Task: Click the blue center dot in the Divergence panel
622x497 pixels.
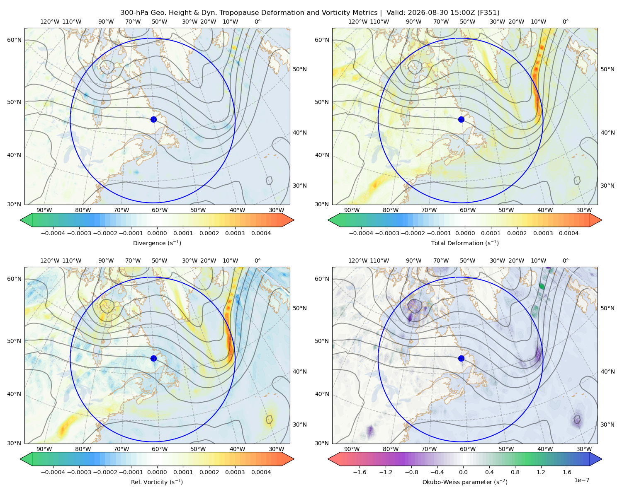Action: point(153,120)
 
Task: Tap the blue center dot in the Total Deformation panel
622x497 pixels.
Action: point(461,120)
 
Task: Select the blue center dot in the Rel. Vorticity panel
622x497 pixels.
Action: point(153,358)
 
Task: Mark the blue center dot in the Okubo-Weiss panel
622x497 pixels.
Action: point(461,358)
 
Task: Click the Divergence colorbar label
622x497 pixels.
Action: point(157,243)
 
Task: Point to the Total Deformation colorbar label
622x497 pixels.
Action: point(465,243)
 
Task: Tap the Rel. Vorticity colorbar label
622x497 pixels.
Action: point(157,482)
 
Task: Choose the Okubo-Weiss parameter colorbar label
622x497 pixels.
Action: point(465,482)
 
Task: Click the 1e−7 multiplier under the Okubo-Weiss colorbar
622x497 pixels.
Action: point(581,480)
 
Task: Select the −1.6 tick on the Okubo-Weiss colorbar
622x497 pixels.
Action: point(360,472)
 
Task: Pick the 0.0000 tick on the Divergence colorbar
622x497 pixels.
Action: point(157,233)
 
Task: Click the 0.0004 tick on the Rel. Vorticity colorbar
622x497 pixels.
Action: point(261,472)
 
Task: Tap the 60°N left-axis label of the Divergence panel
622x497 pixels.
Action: point(14,40)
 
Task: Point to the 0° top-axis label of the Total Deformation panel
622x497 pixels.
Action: point(565,22)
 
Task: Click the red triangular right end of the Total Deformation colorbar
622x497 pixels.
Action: point(596,220)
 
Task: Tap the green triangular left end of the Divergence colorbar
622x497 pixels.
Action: point(26,220)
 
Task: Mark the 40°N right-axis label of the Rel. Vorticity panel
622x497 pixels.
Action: point(300,372)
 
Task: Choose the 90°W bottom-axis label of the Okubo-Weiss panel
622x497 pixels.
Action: point(352,449)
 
